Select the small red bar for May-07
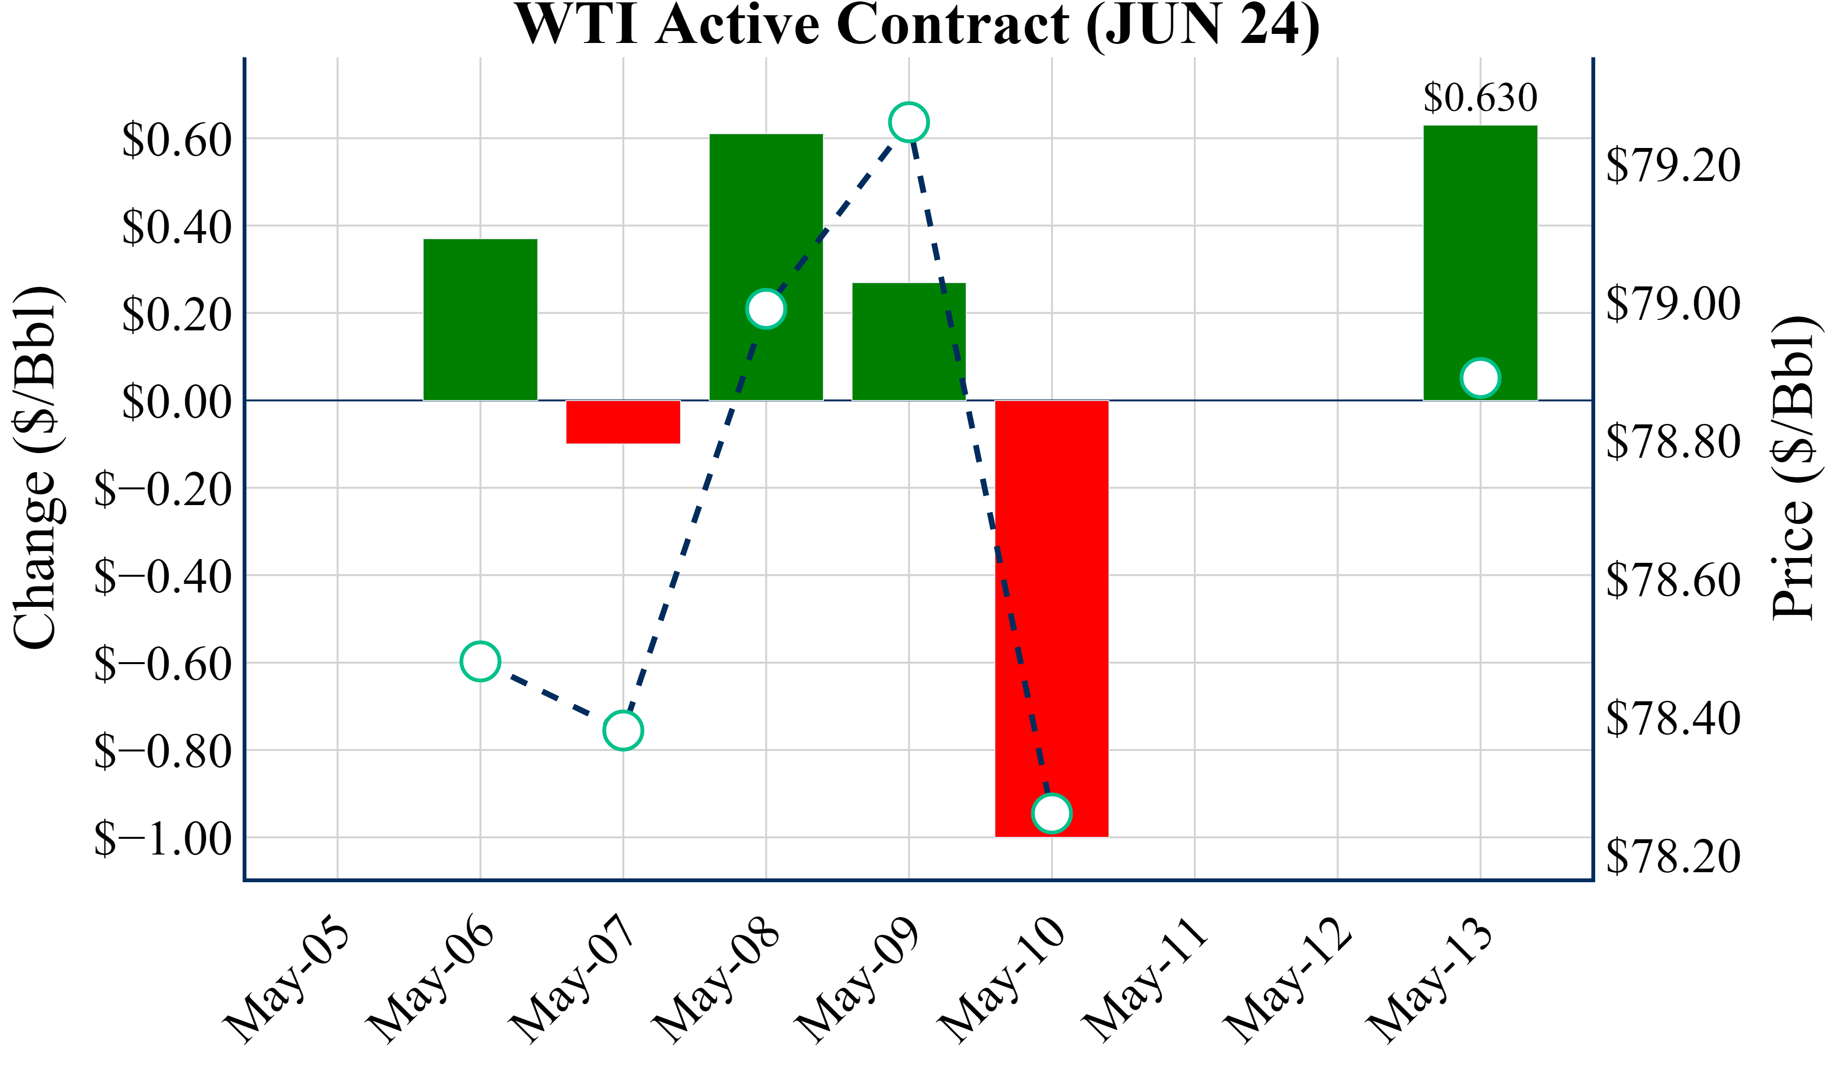click(623, 422)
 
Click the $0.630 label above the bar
click(1480, 97)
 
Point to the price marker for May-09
click(909, 122)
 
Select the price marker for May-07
click(623, 730)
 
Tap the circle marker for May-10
click(1052, 813)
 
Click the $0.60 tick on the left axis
click(177, 140)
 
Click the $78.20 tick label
click(1673, 856)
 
